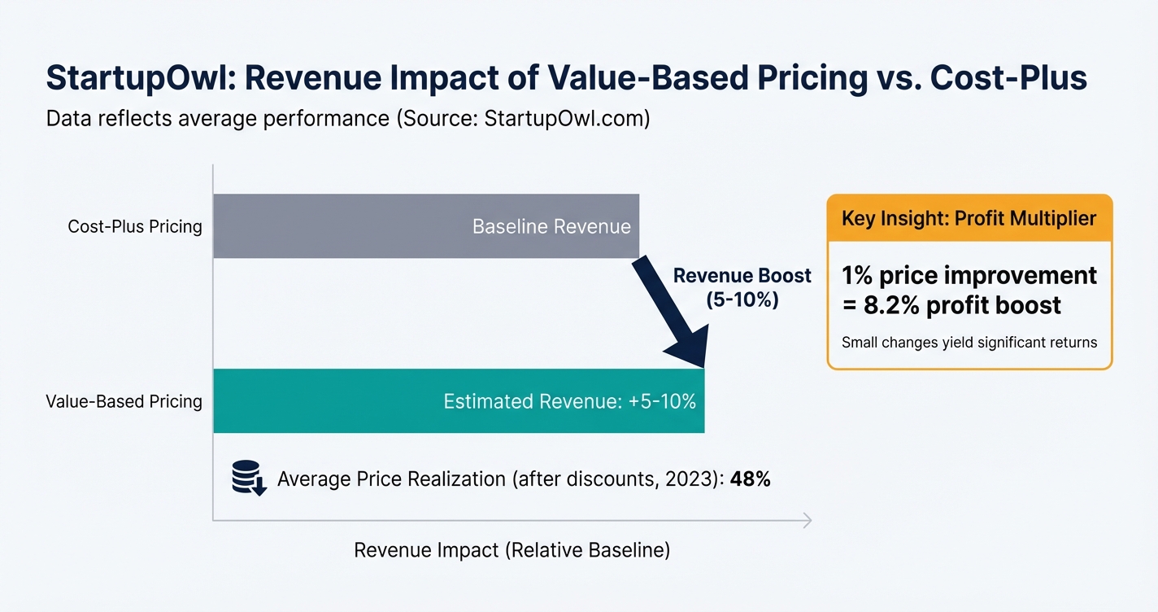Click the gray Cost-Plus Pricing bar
(342, 226)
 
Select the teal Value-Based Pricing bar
(325, 401)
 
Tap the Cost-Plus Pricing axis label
(135, 226)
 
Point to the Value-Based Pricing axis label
(124, 401)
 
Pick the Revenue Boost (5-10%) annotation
(742, 287)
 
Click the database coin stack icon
(248, 478)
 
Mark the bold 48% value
(750, 479)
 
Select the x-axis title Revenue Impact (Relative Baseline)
(512, 550)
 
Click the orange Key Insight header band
(969, 218)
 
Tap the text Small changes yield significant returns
(969, 342)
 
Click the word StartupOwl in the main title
(138, 78)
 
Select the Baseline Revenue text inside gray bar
(551, 226)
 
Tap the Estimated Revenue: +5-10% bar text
(569, 401)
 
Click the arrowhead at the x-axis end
(807, 521)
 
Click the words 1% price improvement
(969, 275)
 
